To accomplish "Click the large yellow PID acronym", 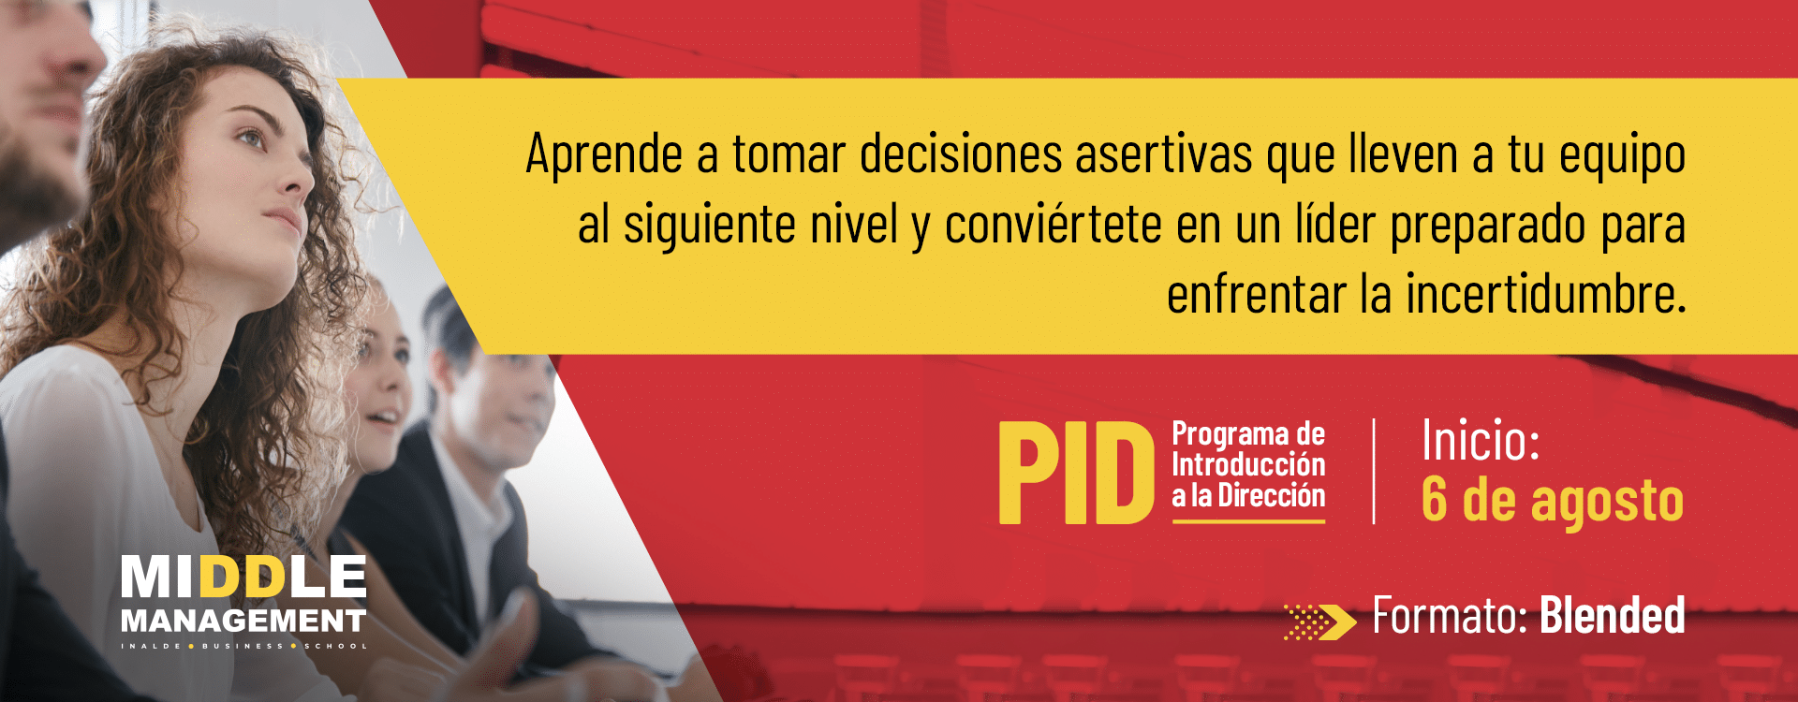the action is pyautogui.click(x=1077, y=472).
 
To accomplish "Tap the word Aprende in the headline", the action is pyautogui.click(x=603, y=155).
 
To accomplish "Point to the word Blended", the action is pyautogui.click(x=1612, y=616).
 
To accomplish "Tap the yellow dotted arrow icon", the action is pyautogui.click(x=1320, y=622).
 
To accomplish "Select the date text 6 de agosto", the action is pyautogui.click(x=1553, y=500).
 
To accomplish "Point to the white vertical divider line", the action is pyautogui.click(x=1374, y=471).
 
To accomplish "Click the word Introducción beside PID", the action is pyautogui.click(x=1248, y=464).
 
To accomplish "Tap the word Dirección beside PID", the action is pyautogui.click(x=1272, y=495).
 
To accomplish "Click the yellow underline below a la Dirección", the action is pyautogui.click(x=1248, y=520).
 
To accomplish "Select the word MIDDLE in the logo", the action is pyautogui.click(x=243, y=577).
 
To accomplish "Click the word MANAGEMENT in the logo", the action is pyautogui.click(x=243, y=621).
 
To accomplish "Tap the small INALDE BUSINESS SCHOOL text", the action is pyautogui.click(x=243, y=646).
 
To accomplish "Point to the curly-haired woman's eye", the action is pyautogui.click(x=250, y=139).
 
